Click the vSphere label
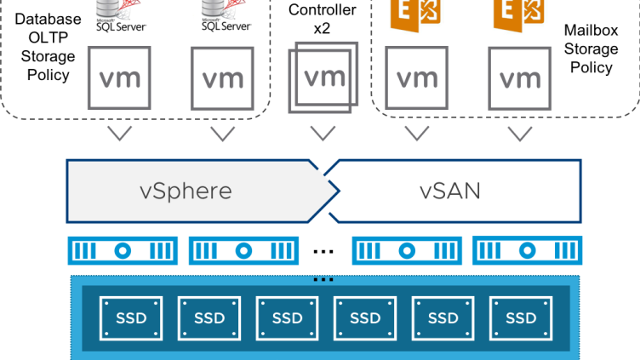(186, 190)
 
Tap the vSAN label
(450, 190)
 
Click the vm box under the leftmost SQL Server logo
(119, 79)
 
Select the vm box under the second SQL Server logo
(222, 79)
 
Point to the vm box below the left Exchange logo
(417, 79)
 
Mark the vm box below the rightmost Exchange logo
(520, 79)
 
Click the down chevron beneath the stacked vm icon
(322, 133)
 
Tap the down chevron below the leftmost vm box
(119, 134)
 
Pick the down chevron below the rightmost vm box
(520, 134)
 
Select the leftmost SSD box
(130, 317)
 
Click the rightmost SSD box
(521, 317)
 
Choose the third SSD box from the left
(287, 317)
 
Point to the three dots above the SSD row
(323, 279)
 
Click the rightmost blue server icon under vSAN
(529, 252)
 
